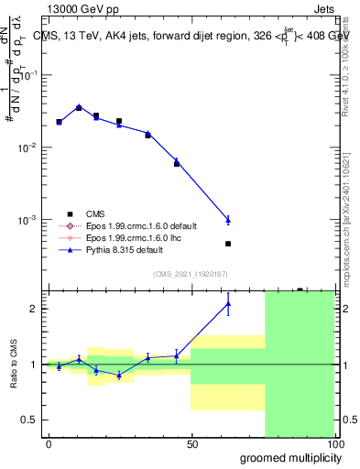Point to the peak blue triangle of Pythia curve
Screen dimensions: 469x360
click(79, 107)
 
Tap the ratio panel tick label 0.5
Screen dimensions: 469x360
click(34, 420)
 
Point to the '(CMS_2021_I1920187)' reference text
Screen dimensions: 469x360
click(190, 273)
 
